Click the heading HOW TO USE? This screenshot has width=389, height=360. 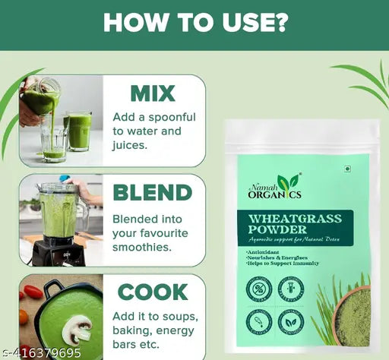point(194,21)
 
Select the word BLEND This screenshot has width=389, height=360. point(152,192)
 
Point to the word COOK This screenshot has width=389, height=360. point(152,292)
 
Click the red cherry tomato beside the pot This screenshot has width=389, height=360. point(32,292)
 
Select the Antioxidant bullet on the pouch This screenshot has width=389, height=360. point(266,250)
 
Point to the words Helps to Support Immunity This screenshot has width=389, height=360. point(283,263)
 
